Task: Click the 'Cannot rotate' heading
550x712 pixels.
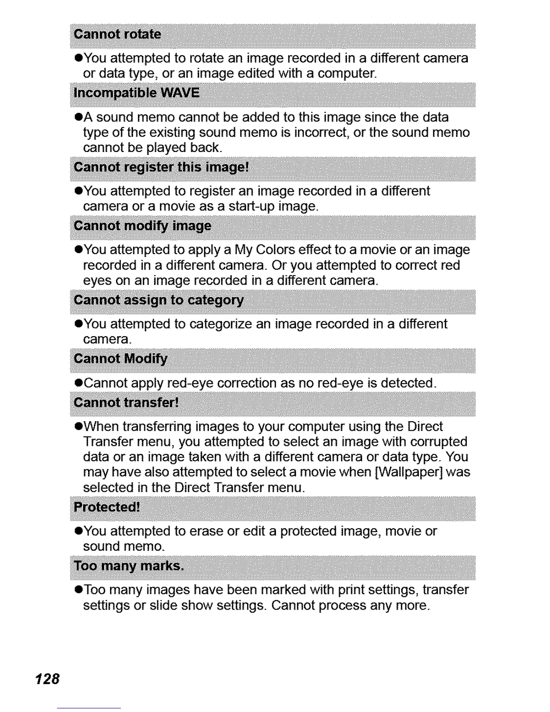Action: [x=117, y=35]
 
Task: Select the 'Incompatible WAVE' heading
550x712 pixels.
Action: [x=137, y=93]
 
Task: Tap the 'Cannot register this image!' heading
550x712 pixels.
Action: [x=161, y=167]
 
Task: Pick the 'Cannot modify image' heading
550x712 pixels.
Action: [x=142, y=226]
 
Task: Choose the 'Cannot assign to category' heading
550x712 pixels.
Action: [x=159, y=300]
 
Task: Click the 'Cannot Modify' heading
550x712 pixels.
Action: [x=120, y=359]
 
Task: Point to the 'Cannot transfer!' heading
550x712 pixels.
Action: [x=126, y=402]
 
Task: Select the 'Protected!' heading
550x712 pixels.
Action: [x=107, y=507]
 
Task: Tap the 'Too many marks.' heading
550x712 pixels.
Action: [x=129, y=565]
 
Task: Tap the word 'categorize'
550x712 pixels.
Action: [x=221, y=324]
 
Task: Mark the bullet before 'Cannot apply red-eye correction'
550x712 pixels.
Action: [x=78, y=383]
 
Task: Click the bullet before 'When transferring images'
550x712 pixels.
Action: [x=78, y=427]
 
